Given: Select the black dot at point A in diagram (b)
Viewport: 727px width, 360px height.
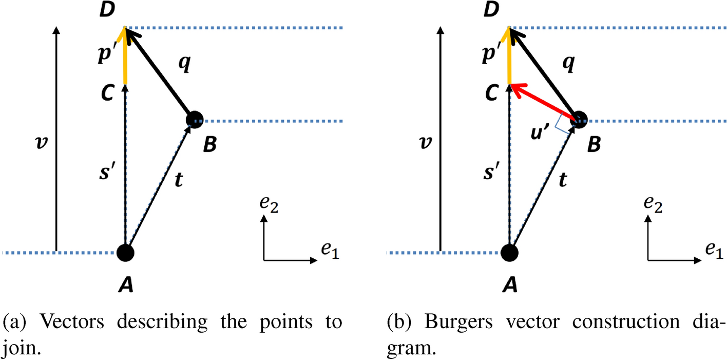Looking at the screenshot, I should [x=509, y=253].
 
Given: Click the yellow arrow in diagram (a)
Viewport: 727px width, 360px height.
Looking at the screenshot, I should [x=125, y=56].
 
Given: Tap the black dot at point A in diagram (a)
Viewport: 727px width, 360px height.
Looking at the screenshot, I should [x=125, y=253].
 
